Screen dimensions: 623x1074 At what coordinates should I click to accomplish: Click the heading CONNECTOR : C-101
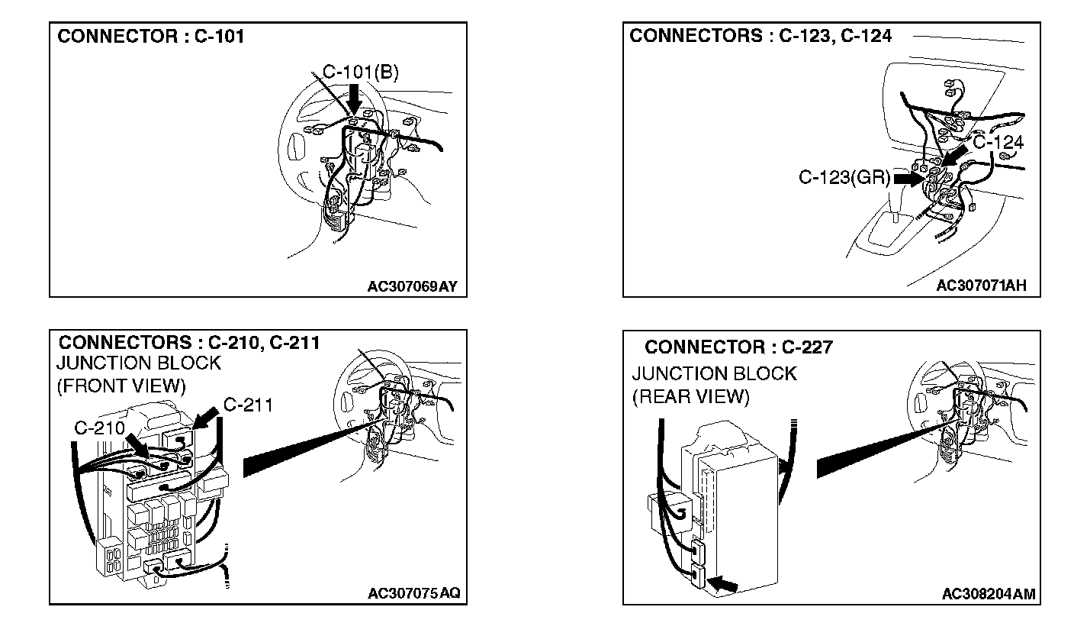151,36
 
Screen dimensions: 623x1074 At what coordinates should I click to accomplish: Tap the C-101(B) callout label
361,73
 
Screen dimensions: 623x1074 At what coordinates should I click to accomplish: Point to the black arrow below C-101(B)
355,97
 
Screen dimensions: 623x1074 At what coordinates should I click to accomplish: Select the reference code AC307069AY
413,286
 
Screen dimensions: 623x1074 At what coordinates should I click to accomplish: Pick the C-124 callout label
998,142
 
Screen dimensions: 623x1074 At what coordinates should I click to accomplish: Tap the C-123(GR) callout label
844,178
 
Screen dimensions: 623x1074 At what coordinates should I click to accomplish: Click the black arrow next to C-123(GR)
908,179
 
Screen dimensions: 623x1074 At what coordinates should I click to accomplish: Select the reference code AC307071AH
982,286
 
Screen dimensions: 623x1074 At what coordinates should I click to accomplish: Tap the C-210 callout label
100,428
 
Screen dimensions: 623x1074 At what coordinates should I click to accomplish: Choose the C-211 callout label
248,405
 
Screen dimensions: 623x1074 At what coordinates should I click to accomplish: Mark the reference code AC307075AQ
413,594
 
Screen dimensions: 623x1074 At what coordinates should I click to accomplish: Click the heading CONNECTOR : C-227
738,347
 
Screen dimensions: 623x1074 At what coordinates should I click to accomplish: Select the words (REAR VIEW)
691,397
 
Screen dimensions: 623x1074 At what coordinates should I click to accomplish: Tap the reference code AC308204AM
988,594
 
